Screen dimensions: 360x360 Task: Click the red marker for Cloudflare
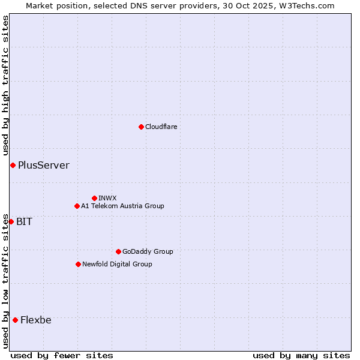click(141, 127)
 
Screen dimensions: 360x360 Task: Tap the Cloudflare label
click(161, 127)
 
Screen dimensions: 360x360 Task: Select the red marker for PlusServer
click(13, 165)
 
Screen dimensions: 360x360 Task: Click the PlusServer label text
click(43, 165)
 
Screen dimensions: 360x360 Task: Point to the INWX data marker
click(94, 198)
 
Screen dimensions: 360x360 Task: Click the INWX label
click(107, 198)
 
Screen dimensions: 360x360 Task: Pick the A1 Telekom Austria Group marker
click(77, 206)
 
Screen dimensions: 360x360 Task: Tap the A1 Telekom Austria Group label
click(122, 206)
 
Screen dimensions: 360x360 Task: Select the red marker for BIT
click(11, 221)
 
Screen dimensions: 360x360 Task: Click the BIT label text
click(24, 221)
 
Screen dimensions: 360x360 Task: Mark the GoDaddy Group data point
click(118, 251)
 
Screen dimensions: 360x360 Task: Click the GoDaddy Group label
click(148, 251)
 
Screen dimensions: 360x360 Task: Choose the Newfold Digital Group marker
click(78, 264)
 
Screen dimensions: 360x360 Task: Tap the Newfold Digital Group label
click(117, 264)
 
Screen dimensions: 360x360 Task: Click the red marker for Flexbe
click(15, 320)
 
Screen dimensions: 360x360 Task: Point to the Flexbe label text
click(35, 320)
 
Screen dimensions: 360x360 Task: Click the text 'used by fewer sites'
click(62, 355)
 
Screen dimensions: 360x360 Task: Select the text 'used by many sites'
click(301, 355)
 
